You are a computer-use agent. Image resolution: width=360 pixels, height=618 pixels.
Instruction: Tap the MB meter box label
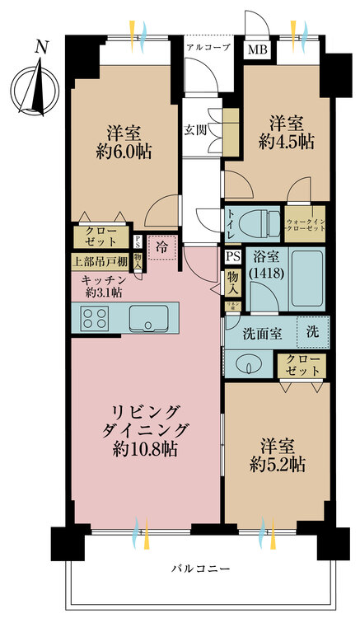259,49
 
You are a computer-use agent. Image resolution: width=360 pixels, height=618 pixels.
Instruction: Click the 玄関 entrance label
195,130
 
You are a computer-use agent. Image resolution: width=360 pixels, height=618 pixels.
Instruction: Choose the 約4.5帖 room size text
285,140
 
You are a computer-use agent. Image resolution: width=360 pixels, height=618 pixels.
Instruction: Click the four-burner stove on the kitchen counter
95,318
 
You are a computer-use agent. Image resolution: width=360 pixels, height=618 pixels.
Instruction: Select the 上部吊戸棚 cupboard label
99,263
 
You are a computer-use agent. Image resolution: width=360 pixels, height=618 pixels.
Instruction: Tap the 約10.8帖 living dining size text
145,450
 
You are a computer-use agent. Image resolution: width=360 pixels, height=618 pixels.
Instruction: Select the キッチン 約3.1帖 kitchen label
103,284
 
